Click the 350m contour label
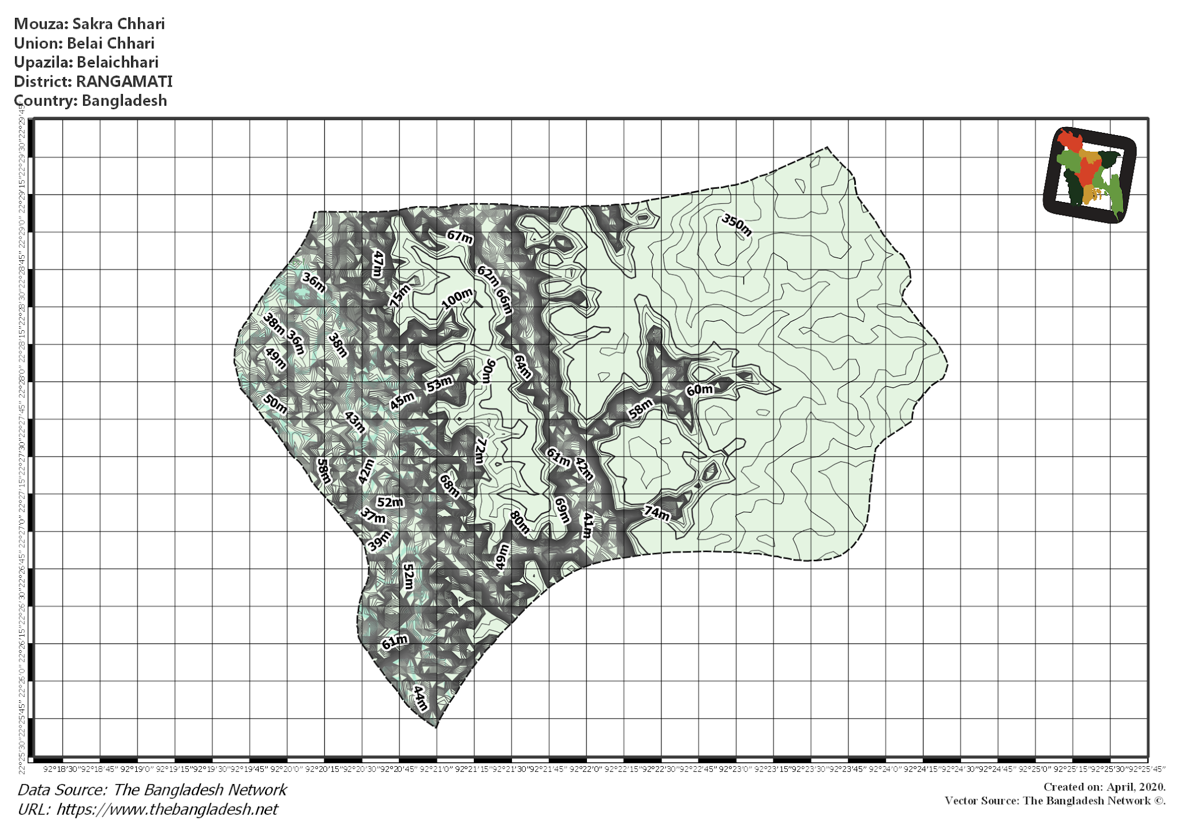(x=736, y=225)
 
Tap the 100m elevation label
(x=457, y=298)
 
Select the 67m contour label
(x=460, y=237)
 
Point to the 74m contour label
(x=657, y=512)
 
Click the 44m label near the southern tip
(x=421, y=698)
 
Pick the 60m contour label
(x=700, y=390)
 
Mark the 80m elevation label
(x=519, y=522)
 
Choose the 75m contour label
(x=399, y=295)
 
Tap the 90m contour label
(x=488, y=371)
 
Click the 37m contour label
(x=373, y=516)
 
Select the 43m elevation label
(x=355, y=422)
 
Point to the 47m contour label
(x=378, y=264)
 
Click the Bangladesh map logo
(x=1089, y=175)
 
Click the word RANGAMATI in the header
(x=124, y=81)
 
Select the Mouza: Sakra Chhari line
(x=89, y=24)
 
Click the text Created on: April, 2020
(x=1104, y=787)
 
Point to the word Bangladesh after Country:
(x=124, y=100)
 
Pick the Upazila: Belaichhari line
(x=86, y=62)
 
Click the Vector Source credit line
(x=1054, y=801)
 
